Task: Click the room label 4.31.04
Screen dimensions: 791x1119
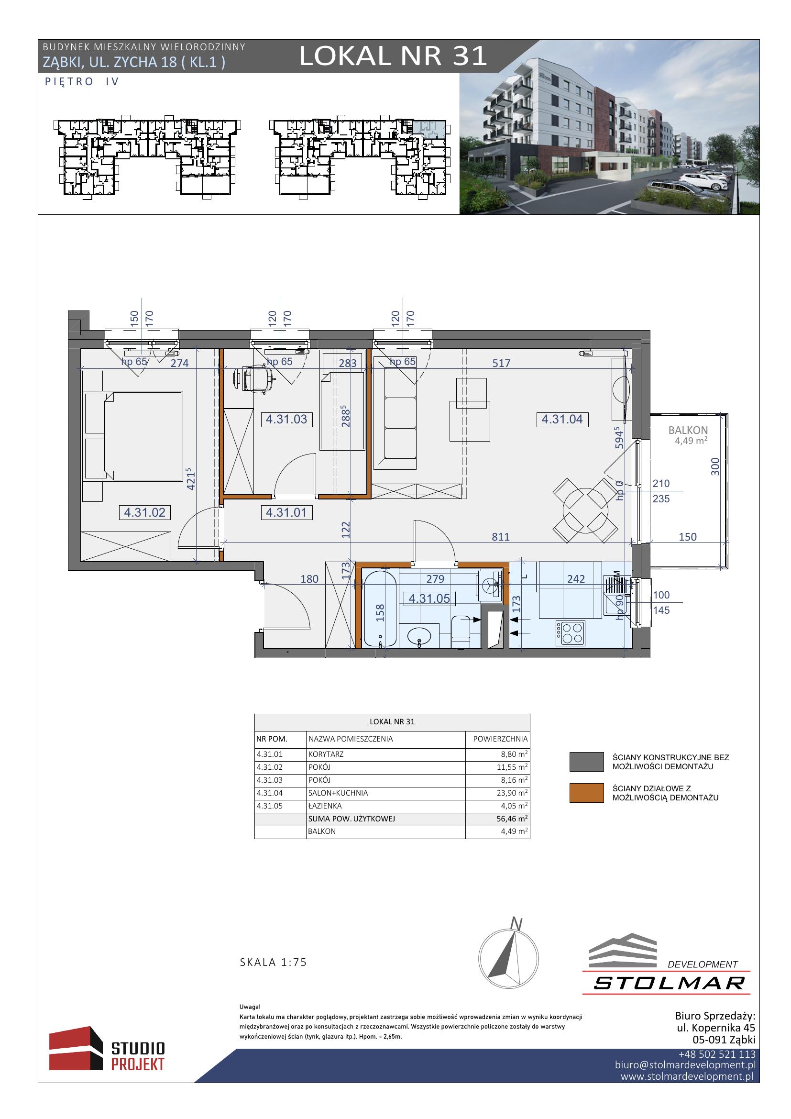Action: coord(562,419)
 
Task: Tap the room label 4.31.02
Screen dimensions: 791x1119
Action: coord(144,512)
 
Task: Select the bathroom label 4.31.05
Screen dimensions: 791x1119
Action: coord(429,598)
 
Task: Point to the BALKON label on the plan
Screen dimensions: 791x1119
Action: coord(688,431)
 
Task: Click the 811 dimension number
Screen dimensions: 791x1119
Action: coord(501,537)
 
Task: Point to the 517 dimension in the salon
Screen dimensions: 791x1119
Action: coord(501,363)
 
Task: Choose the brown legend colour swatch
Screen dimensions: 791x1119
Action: coord(586,792)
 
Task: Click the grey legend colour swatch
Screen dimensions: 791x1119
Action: coord(586,762)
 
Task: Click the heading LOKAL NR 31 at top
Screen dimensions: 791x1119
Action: coord(393,56)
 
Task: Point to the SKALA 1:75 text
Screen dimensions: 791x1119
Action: coord(273,962)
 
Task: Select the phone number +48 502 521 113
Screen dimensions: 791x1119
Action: coord(717,1054)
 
